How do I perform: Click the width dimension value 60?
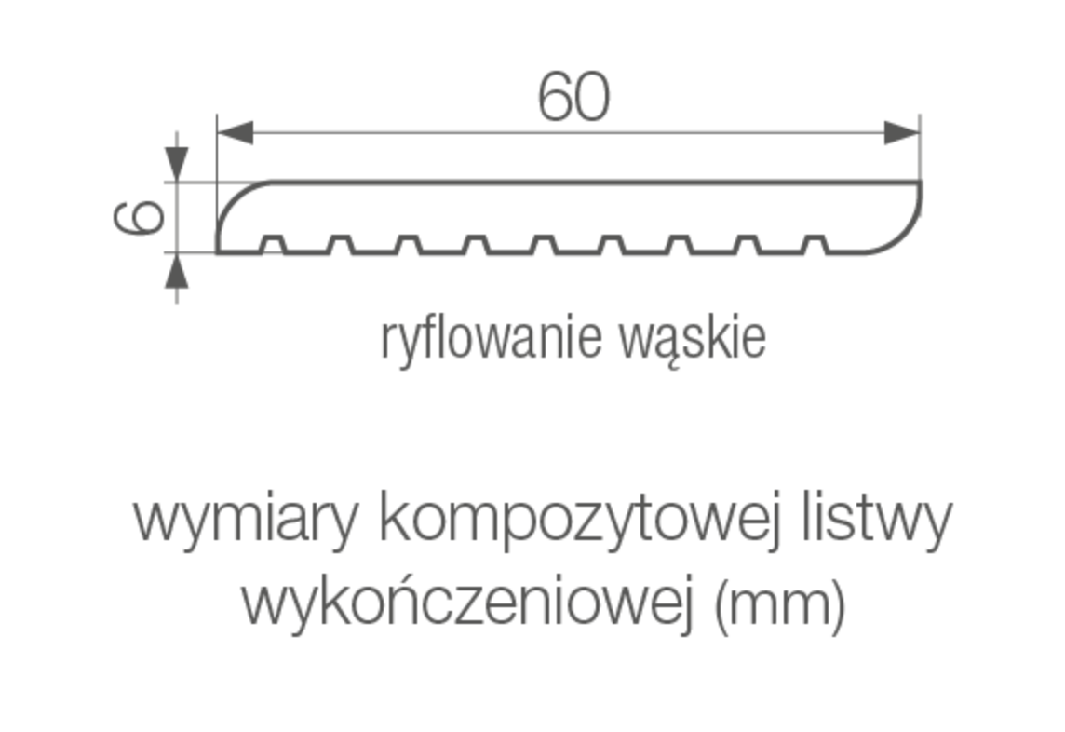tap(573, 96)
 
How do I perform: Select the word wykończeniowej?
tap(469, 603)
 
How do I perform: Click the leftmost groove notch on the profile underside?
tap(272, 245)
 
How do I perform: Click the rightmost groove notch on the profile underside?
tap(816, 245)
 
